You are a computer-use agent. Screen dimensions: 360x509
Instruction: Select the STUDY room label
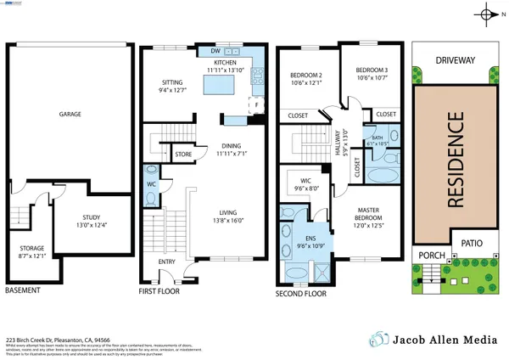click(x=92, y=217)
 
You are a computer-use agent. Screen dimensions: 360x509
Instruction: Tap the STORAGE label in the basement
click(x=31, y=248)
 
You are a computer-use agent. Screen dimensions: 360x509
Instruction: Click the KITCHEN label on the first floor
click(x=225, y=63)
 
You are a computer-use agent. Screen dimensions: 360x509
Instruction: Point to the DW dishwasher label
click(x=215, y=50)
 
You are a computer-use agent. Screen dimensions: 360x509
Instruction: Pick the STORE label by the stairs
click(x=182, y=155)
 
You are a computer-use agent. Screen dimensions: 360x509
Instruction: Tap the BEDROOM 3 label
click(x=372, y=70)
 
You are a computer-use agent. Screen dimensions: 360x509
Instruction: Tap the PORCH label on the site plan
click(x=428, y=254)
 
